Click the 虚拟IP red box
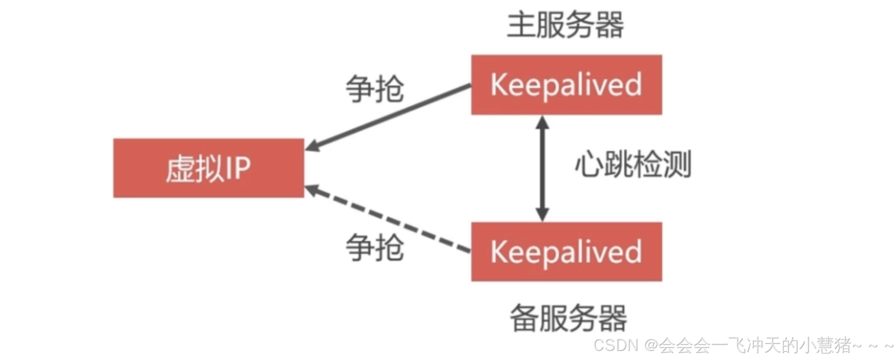[208, 168]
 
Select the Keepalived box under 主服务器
[566, 84]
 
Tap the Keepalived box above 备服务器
[566, 251]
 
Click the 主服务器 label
[565, 25]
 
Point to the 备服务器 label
[568, 318]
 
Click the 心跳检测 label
[633, 164]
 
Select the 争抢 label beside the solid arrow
[375, 89]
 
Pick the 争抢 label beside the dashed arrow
[375, 247]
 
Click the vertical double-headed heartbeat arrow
[542, 168]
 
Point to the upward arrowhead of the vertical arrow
[542, 122]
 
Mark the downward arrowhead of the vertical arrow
[542, 215]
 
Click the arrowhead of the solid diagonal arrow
[312, 146]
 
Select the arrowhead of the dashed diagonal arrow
[312, 190]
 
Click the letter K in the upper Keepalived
[498, 84]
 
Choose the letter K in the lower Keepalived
[498, 251]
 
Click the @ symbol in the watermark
[651, 345]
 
